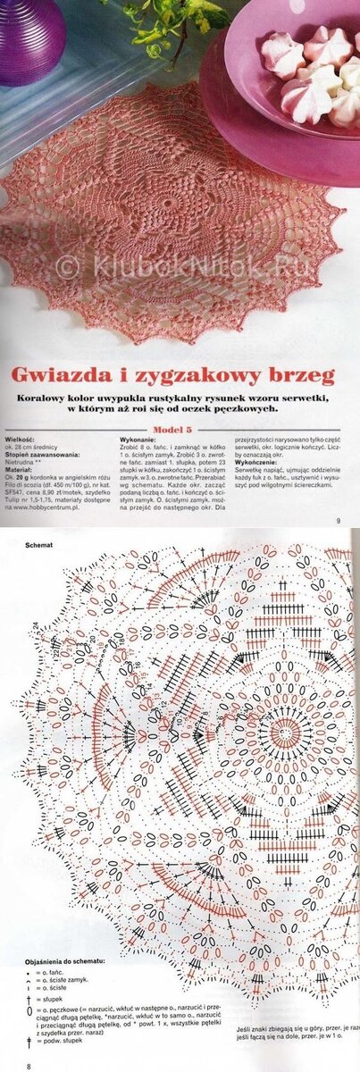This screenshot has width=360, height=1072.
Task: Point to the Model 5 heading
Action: pos(179,429)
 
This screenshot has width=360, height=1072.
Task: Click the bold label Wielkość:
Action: pos(20,441)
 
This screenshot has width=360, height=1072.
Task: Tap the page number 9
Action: pos(339,521)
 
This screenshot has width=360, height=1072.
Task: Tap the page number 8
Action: pos(29,1067)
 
